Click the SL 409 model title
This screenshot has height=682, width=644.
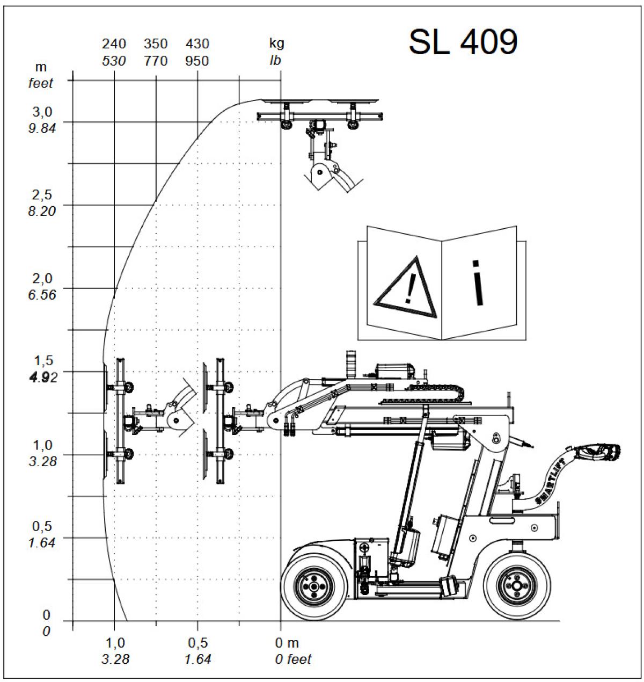tap(463, 42)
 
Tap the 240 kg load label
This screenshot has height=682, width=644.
tap(114, 44)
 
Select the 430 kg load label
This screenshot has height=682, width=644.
tap(197, 44)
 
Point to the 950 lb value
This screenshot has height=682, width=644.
tap(197, 61)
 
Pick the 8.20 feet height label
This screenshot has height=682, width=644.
tap(41, 211)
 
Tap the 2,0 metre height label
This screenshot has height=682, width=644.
tap(42, 278)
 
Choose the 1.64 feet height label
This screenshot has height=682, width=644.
tap(41, 543)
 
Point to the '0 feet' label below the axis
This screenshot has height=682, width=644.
tap(293, 659)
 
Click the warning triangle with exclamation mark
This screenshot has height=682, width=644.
tap(405, 288)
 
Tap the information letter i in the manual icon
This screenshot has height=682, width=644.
tap(478, 282)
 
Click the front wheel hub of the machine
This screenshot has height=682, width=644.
tap(314, 586)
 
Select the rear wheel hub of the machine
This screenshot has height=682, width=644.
tap(517, 586)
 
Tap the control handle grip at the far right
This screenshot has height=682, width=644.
tap(598, 452)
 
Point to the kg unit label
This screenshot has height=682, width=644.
tap(277, 43)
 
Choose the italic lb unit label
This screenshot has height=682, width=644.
tap(275, 61)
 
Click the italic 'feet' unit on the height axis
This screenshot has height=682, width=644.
tap(41, 83)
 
